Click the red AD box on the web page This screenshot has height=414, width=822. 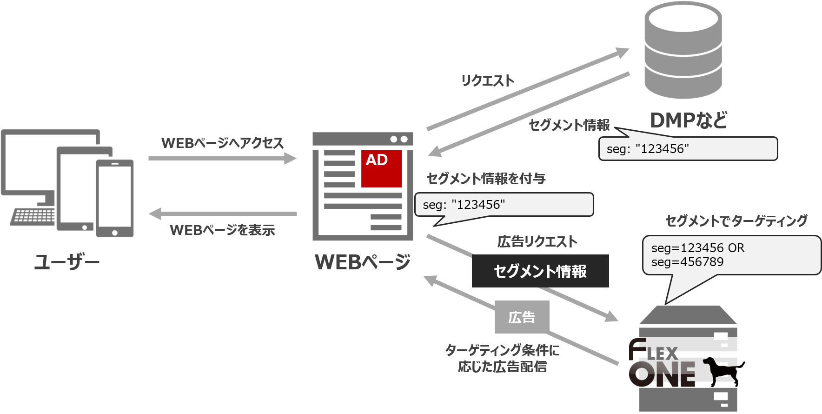pyautogui.click(x=382, y=168)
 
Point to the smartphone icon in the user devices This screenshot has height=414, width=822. pyautogui.click(x=115, y=198)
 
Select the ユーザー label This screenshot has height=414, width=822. pyautogui.click(x=67, y=263)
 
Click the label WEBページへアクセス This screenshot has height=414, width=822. pyautogui.click(x=222, y=143)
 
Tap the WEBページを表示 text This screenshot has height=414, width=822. pyautogui.click(x=222, y=230)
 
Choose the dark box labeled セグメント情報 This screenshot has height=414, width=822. pyautogui.click(x=540, y=271)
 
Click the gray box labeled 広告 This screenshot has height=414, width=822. pyautogui.click(x=522, y=317)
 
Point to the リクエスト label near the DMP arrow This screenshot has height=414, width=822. pyautogui.click(x=487, y=81)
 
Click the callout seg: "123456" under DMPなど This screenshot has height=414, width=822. pyautogui.click(x=688, y=149)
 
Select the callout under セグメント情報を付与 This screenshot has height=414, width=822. pyautogui.click(x=504, y=205)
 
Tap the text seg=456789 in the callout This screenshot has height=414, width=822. pyautogui.click(x=687, y=262)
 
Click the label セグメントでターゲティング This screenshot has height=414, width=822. pyautogui.click(x=736, y=221)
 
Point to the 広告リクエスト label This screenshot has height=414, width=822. pyautogui.click(x=537, y=242)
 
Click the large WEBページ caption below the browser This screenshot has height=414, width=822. pyautogui.click(x=363, y=262)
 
